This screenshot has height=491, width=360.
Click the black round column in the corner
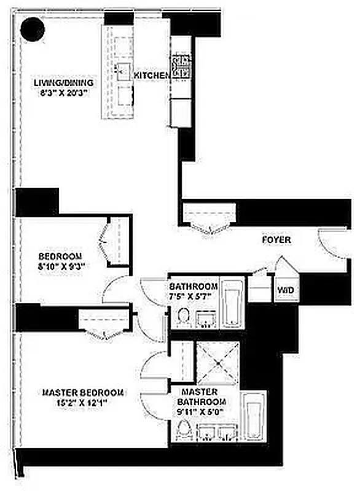click(31, 28)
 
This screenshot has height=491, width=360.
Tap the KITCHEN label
click(152, 75)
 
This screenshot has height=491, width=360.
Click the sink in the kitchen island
click(125, 68)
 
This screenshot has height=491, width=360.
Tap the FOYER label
click(276, 240)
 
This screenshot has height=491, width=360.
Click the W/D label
click(284, 288)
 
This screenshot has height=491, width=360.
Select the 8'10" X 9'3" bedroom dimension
click(60, 266)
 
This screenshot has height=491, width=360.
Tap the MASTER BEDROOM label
click(84, 393)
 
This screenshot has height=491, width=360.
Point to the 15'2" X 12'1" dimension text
click(84, 403)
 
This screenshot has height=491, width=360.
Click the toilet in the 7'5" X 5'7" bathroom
click(182, 316)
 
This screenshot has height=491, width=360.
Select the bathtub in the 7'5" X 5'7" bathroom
click(232, 303)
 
